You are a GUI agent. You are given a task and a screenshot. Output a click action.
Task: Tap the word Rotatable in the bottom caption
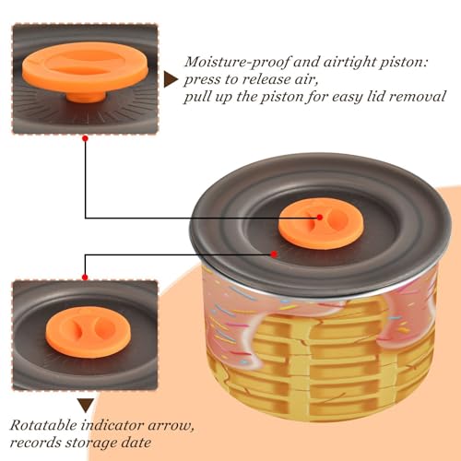43,425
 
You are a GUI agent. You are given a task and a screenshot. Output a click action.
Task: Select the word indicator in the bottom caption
112,425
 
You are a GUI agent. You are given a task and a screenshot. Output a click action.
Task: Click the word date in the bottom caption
136,443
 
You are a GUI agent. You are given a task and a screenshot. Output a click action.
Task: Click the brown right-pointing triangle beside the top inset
171,80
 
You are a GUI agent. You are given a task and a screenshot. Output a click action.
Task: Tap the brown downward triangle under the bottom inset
86,406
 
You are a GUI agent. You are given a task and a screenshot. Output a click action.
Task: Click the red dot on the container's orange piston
320,218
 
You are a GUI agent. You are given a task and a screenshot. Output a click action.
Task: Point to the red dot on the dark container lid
274,254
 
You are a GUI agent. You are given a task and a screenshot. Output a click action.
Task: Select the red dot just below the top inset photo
86,138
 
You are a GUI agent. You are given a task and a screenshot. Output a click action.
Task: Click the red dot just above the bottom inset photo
85,278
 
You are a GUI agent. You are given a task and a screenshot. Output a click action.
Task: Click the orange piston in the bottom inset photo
88,332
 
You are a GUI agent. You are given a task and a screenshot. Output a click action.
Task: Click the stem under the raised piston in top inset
86,97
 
